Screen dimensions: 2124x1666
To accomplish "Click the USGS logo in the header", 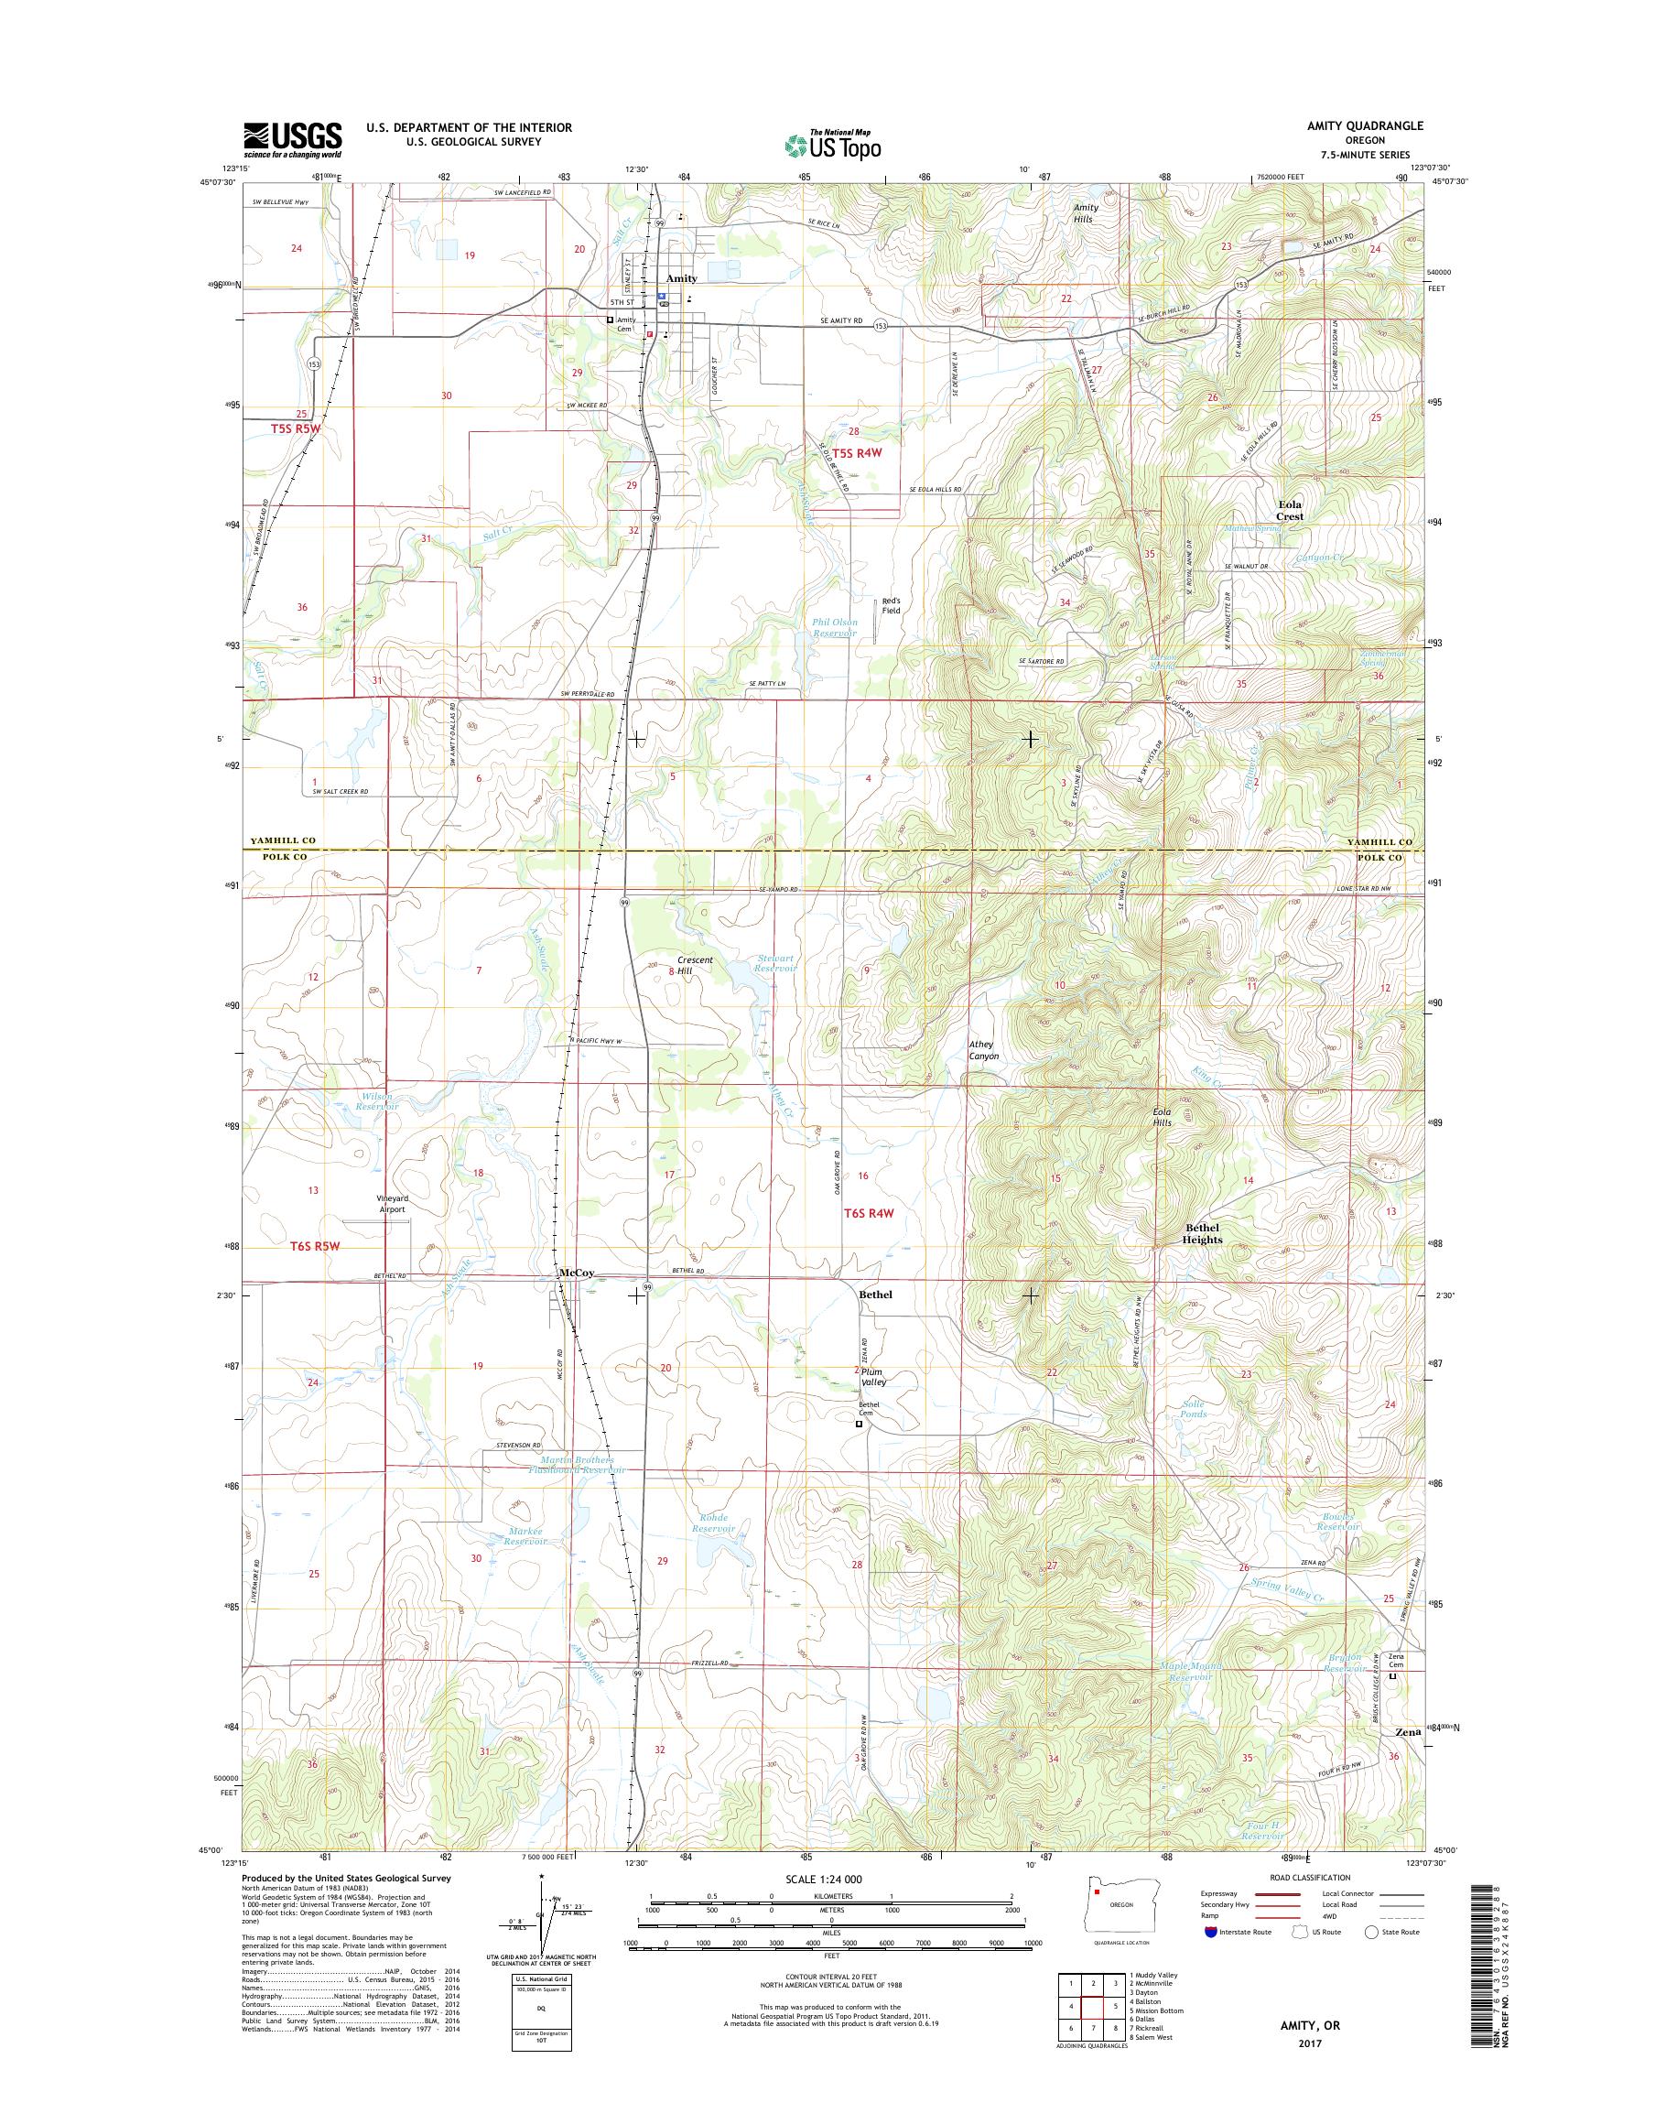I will coord(292,139).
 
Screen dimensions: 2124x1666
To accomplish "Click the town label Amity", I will coord(681,278).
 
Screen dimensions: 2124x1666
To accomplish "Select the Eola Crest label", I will coord(1290,510).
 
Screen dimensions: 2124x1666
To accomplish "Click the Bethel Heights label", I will coord(1202,1233).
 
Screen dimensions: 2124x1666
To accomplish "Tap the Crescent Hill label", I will coord(693,965).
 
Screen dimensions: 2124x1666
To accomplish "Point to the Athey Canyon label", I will coord(982,1050).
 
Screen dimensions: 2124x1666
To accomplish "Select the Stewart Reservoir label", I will coord(775,964).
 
